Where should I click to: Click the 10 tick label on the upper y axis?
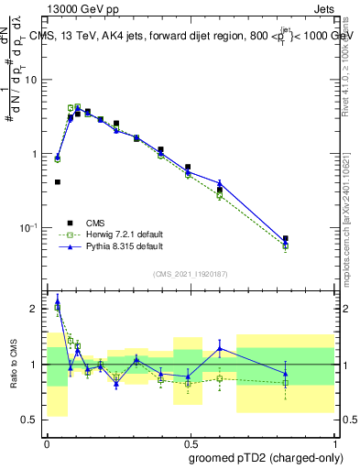[x=33, y=80]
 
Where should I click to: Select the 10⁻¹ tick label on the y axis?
[x=30, y=227]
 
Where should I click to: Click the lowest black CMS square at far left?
[x=58, y=182]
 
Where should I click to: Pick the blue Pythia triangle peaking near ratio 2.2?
[x=58, y=300]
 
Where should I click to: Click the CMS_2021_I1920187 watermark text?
[x=191, y=273]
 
